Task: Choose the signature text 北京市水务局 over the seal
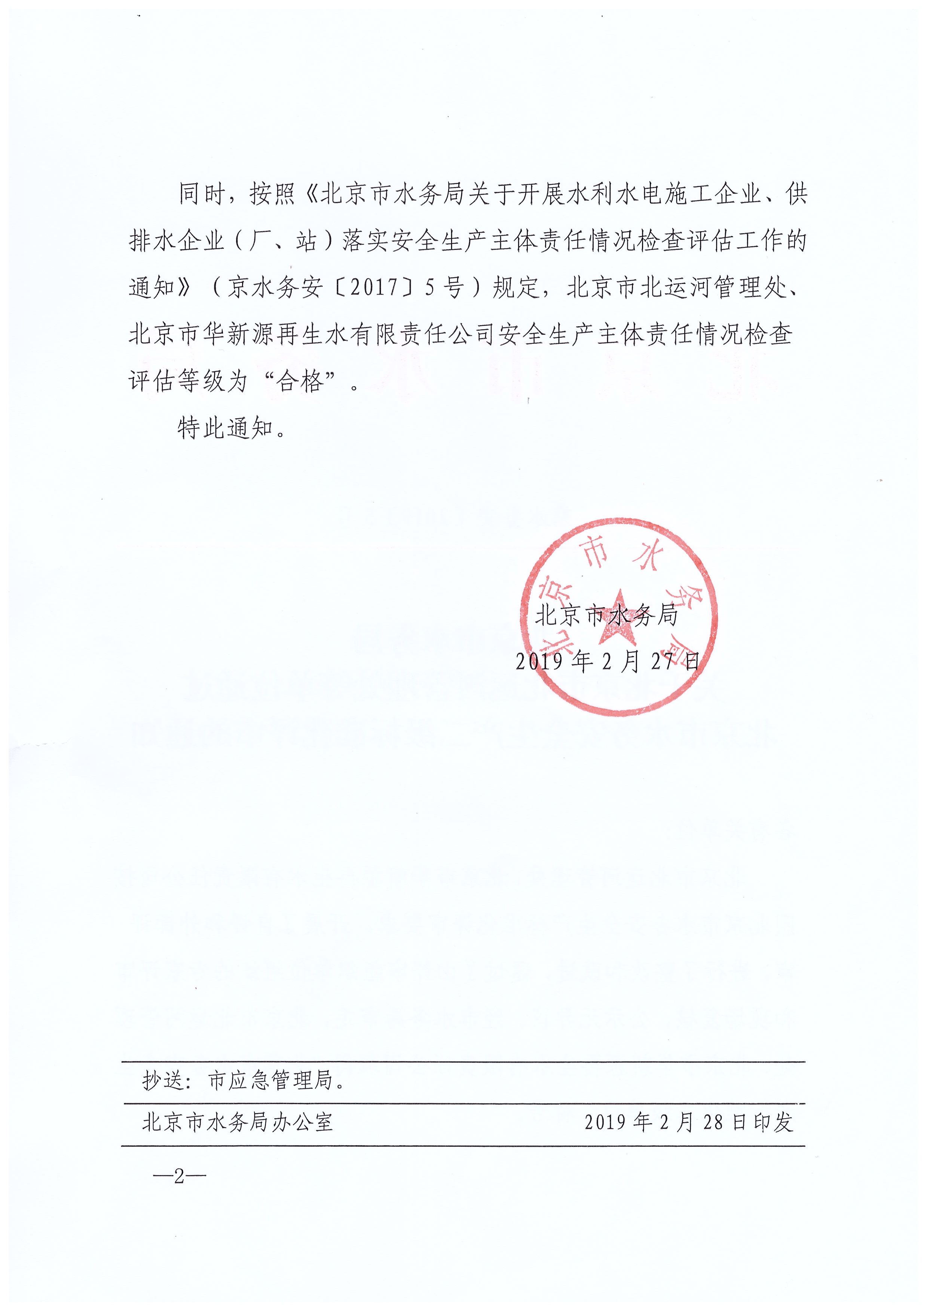606,615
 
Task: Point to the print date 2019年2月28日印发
688,1123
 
